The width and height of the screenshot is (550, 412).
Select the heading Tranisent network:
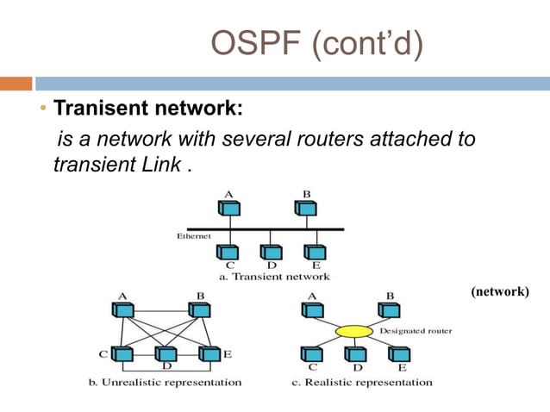[x=149, y=110]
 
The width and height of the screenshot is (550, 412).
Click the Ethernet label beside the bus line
[x=195, y=234]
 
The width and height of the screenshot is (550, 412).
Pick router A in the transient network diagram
[x=229, y=208]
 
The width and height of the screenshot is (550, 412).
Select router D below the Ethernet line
[x=271, y=252]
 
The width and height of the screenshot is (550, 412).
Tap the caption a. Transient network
[x=274, y=277]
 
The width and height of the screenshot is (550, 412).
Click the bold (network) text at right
[x=499, y=292]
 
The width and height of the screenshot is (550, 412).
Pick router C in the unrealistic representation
[x=122, y=353]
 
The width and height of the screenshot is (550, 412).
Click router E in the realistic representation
[x=397, y=353]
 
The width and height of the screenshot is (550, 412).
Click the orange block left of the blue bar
[x=16, y=84]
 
